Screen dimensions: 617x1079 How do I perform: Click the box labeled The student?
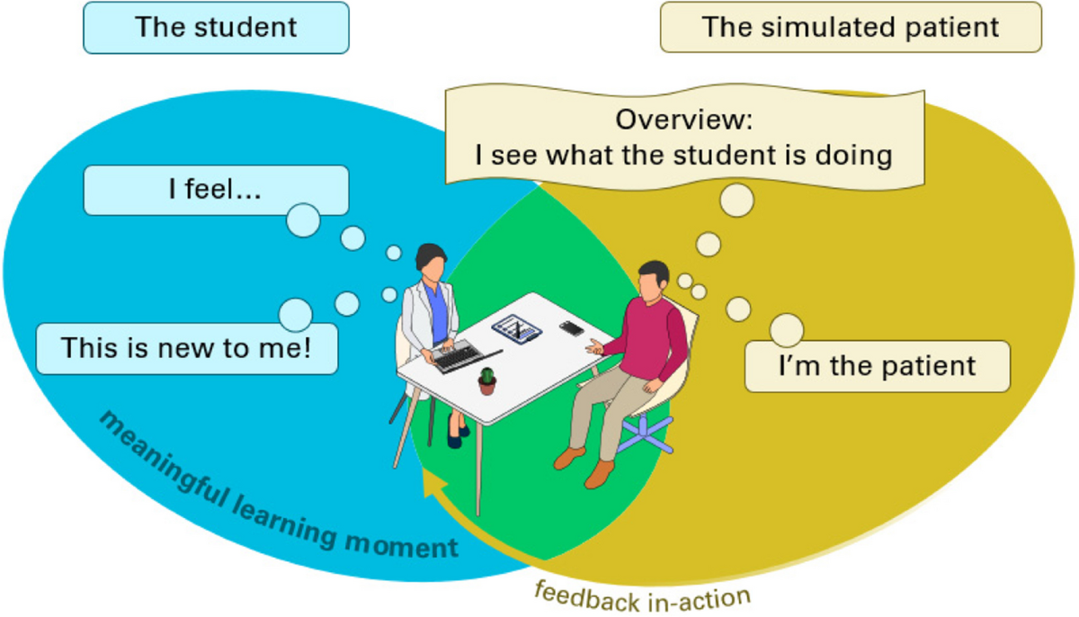216,27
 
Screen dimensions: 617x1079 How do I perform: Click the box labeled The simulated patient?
850,27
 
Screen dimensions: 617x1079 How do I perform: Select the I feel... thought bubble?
215,190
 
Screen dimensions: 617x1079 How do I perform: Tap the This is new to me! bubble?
186,348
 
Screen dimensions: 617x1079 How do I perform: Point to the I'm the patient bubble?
877,366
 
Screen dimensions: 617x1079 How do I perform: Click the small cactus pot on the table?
487,381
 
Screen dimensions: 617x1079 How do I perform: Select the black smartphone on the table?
571,328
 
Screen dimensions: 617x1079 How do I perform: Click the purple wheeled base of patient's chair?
647,430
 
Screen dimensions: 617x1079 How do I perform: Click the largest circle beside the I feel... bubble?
303,220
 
